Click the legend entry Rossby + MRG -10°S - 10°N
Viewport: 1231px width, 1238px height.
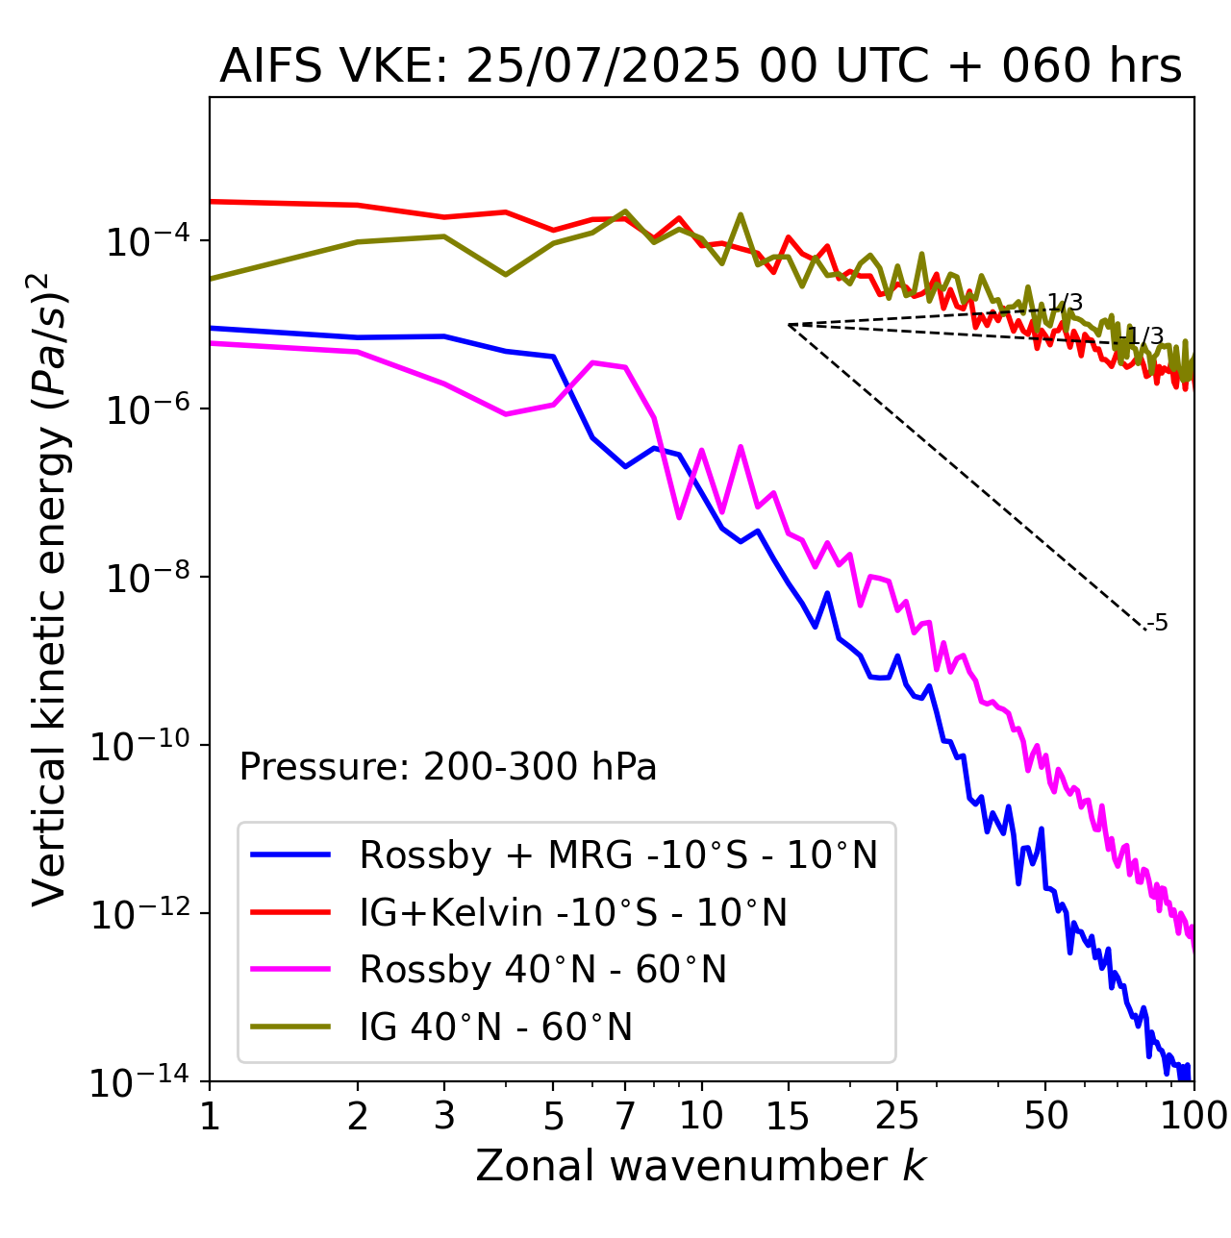click(x=618, y=854)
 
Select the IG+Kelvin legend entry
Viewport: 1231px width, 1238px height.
click(x=573, y=912)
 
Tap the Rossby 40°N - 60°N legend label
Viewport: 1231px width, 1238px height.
click(x=542, y=970)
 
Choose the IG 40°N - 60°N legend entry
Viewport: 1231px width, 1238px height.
click(x=495, y=1028)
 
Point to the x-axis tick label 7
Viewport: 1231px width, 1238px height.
click(x=625, y=1116)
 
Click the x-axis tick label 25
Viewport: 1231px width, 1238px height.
click(x=896, y=1116)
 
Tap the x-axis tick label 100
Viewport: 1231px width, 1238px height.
click(x=1193, y=1116)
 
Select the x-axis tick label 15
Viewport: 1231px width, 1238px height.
click(x=788, y=1116)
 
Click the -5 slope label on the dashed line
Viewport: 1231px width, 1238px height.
click(x=1158, y=623)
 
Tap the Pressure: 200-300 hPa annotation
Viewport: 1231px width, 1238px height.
click(x=447, y=767)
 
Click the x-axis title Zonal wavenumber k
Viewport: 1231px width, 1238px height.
click(x=701, y=1166)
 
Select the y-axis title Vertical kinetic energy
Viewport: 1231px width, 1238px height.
click(x=50, y=588)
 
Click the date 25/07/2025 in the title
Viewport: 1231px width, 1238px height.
click(x=603, y=66)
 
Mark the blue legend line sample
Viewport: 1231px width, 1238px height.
click(x=290, y=854)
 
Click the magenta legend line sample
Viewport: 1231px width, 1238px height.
click(x=290, y=970)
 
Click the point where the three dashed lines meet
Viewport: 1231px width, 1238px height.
click(x=789, y=325)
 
